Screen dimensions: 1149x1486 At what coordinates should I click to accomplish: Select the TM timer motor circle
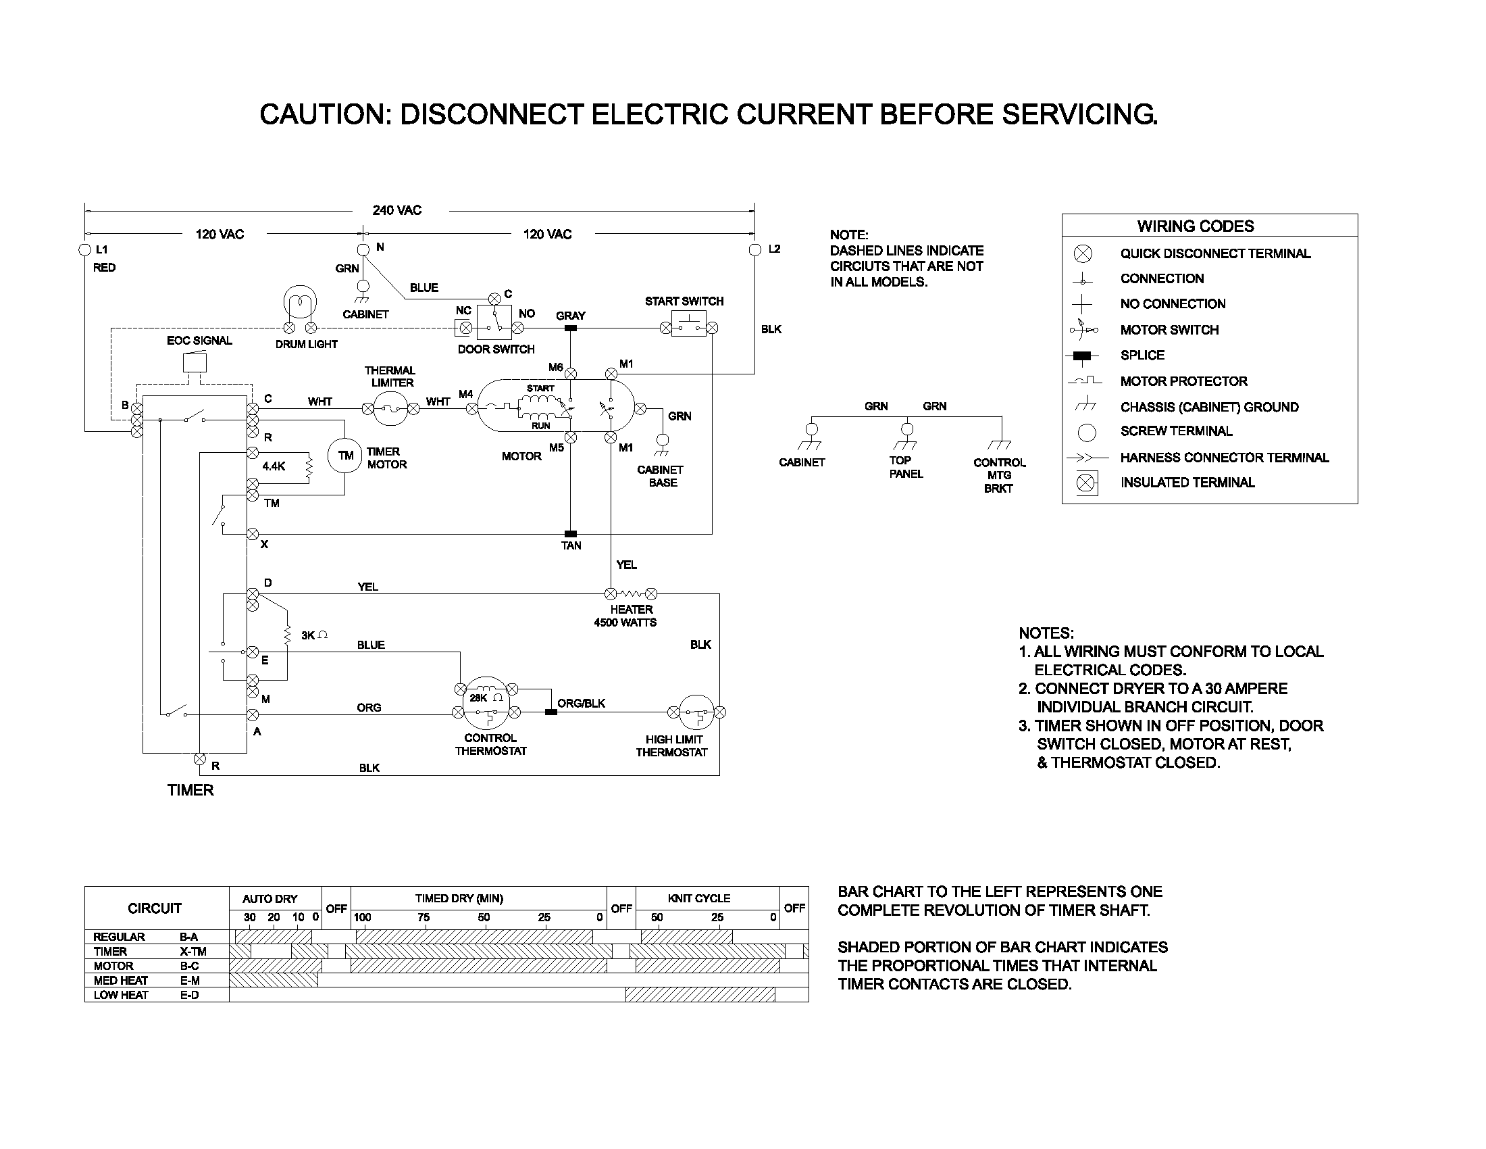click(346, 456)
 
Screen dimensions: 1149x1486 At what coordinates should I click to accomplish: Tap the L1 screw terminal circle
click(85, 250)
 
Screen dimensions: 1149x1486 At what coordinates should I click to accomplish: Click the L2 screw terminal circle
click(754, 250)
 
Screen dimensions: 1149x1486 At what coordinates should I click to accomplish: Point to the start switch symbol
click(688, 323)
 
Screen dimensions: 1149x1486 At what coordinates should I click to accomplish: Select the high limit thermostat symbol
click(696, 712)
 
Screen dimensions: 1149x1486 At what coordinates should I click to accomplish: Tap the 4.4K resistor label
click(274, 466)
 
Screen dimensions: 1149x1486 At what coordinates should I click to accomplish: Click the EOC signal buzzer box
click(195, 362)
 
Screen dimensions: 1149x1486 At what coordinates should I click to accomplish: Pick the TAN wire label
click(571, 545)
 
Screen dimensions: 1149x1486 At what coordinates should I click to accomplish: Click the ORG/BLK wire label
click(581, 703)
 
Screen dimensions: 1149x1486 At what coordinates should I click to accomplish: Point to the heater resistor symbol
click(631, 593)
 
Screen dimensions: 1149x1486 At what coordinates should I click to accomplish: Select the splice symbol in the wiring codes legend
click(1081, 356)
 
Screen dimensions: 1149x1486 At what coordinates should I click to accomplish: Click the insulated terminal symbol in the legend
click(1087, 483)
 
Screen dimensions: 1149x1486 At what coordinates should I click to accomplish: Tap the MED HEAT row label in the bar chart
click(120, 981)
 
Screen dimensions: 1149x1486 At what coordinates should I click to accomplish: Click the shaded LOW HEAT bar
click(700, 995)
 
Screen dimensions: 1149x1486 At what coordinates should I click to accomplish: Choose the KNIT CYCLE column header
click(699, 898)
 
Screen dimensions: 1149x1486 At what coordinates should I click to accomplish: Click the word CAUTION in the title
click(322, 114)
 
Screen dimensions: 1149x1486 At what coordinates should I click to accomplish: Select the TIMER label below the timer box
click(190, 790)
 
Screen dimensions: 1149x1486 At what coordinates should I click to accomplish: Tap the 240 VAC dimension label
click(396, 210)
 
